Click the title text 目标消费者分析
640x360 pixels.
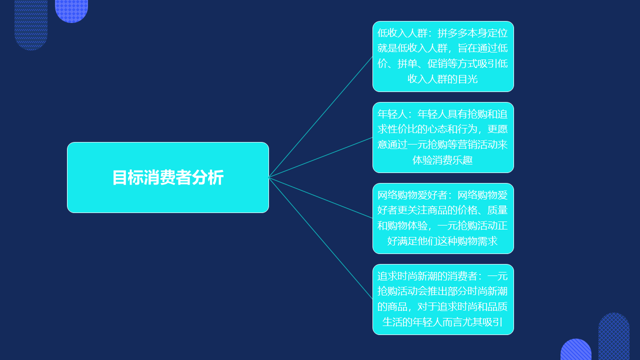pos(168,177)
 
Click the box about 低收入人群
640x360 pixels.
pos(443,56)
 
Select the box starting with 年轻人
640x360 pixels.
pos(443,137)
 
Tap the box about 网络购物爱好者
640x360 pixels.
pos(443,218)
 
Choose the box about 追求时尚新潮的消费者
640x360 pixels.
pos(443,299)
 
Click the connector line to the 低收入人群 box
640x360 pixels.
pos(320,117)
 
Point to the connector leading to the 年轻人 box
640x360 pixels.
pos(320,157)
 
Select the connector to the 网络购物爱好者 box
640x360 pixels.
pos(320,197)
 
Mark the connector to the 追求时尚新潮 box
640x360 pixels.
pos(320,238)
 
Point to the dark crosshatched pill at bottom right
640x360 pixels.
pos(614,336)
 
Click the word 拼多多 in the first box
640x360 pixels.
pos(452,33)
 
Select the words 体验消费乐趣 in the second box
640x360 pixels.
pos(442,160)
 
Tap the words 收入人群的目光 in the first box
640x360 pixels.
pos(442,79)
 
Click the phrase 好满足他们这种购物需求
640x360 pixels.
pos(442,241)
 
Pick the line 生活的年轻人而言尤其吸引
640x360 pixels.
pos(442,322)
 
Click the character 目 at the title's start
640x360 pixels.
pos(119,177)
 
